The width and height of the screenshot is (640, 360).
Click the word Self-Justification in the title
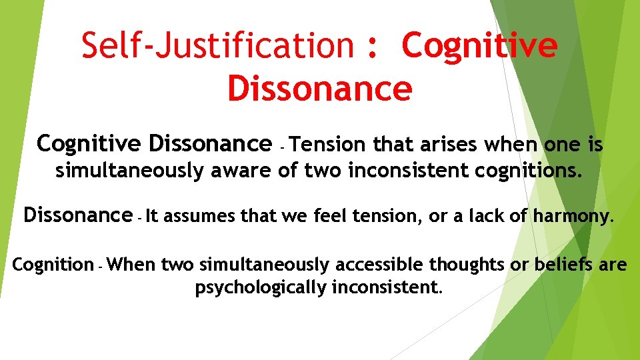(217, 45)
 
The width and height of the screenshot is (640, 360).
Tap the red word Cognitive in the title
(479, 45)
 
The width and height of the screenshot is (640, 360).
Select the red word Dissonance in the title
(319, 89)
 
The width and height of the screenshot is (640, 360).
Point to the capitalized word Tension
(329, 144)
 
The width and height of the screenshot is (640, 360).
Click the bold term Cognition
(53, 265)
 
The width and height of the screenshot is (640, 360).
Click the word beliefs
(563, 265)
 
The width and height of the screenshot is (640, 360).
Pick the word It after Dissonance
(152, 215)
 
